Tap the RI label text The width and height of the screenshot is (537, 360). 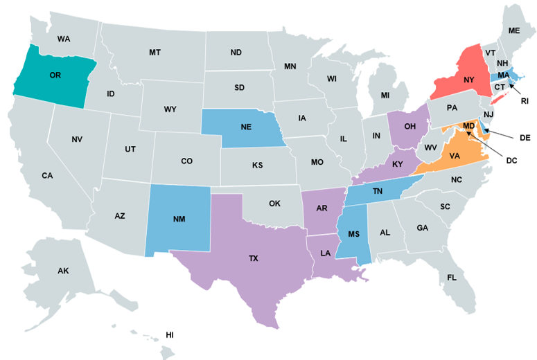tap(525, 101)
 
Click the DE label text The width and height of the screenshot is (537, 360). tap(525, 138)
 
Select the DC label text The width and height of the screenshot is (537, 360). tap(511, 161)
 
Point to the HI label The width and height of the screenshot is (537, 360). tap(170, 335)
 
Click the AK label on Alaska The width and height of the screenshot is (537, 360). tap(63, 271)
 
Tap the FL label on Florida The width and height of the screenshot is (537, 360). tap(452, 277)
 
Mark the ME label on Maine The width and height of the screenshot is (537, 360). tap(513, 30)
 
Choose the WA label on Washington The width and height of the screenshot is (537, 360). tap(64, 39)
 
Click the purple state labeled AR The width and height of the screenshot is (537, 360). tap(322, 208)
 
